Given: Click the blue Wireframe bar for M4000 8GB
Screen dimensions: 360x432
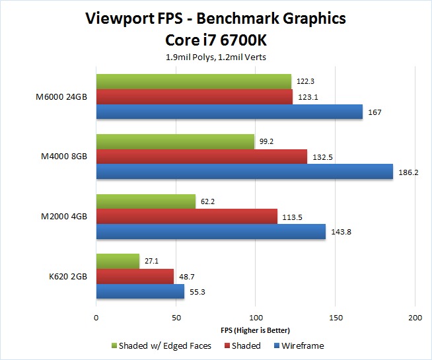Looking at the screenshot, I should click(x=244, y=172).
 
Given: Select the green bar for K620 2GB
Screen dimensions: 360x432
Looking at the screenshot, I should click(x=118, y=261).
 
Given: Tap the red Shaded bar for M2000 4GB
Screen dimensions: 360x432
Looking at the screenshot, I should click(x=187, y=216).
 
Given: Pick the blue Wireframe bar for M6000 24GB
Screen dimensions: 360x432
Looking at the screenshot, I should click(x=229, y=112).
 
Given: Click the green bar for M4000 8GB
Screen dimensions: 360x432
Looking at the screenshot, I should click(x=175, y=141).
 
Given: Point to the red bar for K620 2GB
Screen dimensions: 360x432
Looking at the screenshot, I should click(x=135, y=276).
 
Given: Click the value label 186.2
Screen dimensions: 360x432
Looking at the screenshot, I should click(x=408, y=172).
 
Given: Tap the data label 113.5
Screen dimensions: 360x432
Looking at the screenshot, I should click(x=291, y=216).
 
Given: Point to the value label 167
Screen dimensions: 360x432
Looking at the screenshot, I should click(x=375, y=112).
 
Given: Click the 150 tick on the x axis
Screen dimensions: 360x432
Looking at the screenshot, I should click(x=336, y=318).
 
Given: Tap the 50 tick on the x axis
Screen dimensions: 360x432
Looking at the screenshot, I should click(x=176, y=318).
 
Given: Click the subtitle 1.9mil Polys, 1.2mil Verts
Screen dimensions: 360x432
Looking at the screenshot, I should click(x=215, y=57).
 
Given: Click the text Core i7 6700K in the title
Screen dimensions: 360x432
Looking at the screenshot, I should click(x=215, y=40).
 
